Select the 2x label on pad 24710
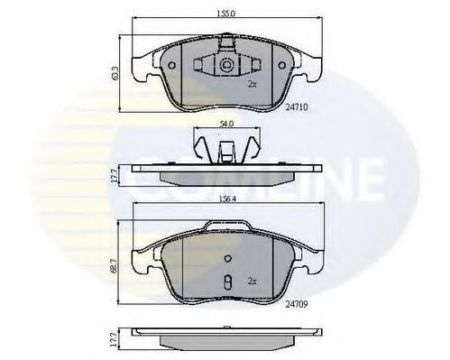(x=253, y=84)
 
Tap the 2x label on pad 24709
(x=253, y=281)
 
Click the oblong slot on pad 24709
(x=228, y=281)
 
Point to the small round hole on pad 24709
(x=228, y=263)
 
